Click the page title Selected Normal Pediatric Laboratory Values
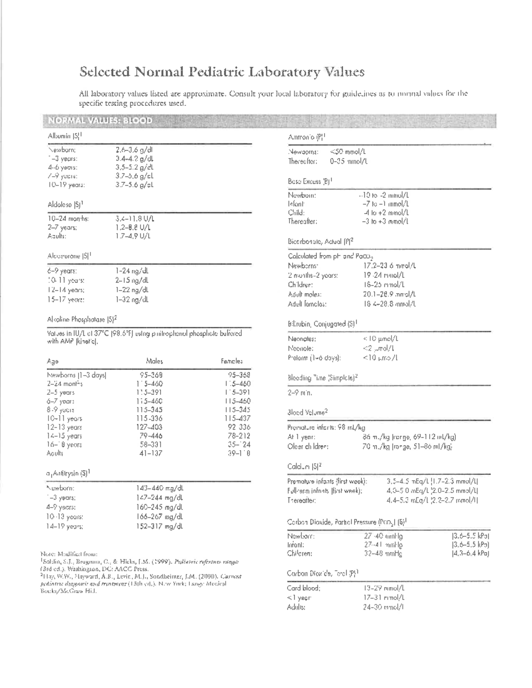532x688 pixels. click(222, 72)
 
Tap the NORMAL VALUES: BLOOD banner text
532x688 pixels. click(100, 121)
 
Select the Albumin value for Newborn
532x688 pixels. click(134, 150)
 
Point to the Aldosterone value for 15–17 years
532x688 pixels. click(132, 299)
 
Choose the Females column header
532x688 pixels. click(231, 361)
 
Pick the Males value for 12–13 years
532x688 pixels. click(149, 427)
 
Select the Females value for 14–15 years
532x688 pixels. click(239, 436)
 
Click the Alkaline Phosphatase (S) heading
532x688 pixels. click(82, 319)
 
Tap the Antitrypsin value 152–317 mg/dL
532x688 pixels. click(160, 526)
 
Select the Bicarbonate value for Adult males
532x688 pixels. click(389, 294)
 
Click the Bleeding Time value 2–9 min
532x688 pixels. click(300, 393)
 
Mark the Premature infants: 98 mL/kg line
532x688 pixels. click(326, 428)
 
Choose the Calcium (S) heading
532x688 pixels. click(304, 466)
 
